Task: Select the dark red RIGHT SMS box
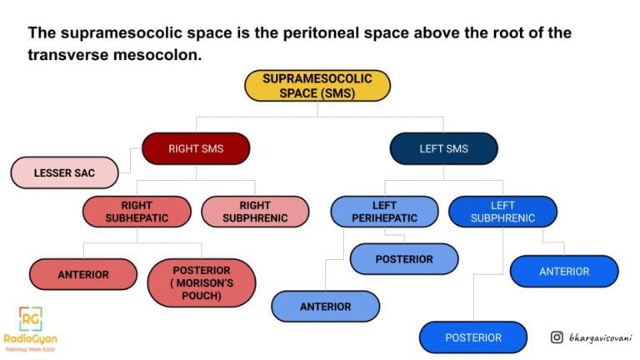point(196,148)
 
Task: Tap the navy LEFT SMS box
point(443,148)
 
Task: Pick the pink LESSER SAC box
point(64,173)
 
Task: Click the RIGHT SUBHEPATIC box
point(137,212)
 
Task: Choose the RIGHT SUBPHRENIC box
point(254,212)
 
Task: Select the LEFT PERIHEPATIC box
point(384,212)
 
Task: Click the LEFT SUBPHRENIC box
point(502,212)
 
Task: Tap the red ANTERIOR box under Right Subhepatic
point(82,274)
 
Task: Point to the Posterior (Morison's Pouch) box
point(202,282)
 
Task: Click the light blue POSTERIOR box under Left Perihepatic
point(403,259)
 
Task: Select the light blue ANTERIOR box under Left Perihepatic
point(325,306)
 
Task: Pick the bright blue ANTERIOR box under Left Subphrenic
point(564,271)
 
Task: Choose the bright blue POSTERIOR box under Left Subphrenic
point(473,337)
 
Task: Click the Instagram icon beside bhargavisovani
point(557,337)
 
